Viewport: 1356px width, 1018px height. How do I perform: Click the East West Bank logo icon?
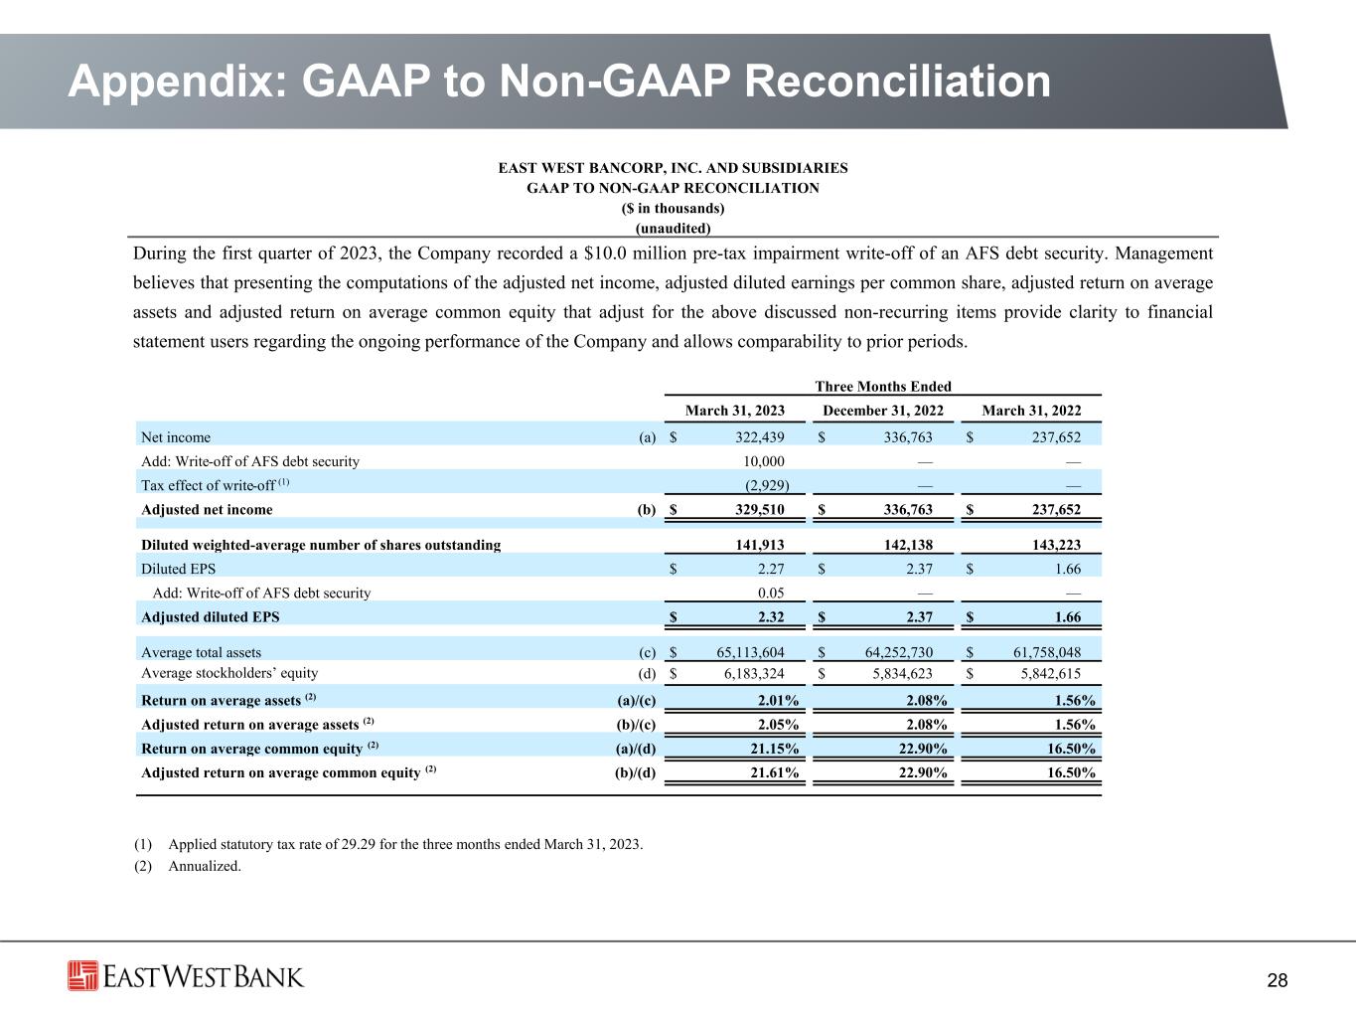coord(82,975)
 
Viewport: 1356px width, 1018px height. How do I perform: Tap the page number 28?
coord(1278,981)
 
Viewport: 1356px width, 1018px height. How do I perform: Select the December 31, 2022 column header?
coord(883,411)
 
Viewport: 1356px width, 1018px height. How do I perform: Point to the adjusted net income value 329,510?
coord(758,510)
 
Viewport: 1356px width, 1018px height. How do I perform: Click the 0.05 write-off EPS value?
coord(771,594)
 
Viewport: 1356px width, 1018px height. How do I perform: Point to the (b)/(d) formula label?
coord(637,773)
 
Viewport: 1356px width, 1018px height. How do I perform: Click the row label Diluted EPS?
coord(179,570)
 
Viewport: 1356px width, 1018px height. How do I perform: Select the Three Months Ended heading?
coord(882,387)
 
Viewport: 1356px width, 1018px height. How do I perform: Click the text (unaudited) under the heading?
coord(673,228)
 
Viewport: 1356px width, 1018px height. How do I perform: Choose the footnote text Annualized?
coord(206,866)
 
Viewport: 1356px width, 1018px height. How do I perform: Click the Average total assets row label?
coord(202,653)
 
